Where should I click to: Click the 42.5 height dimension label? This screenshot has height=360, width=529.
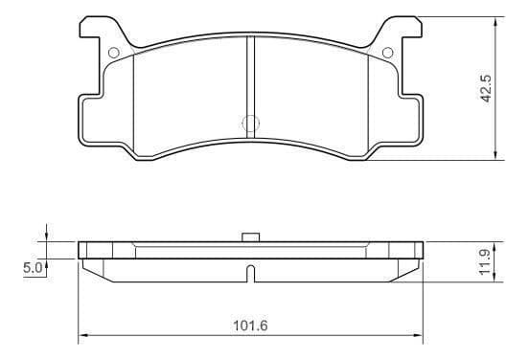tap(487, 88)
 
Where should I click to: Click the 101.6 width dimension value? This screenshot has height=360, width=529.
tap(250, 326)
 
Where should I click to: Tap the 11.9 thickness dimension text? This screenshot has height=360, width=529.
tap(486, 262)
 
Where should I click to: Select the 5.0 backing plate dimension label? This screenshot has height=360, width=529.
tap(33, 268)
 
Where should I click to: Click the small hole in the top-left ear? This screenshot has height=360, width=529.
tap(114, 53)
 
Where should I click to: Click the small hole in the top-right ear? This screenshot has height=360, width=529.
tap(387, 53)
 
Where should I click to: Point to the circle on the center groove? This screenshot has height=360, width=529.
tap(251, 124)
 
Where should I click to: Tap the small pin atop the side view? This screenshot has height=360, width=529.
tap(251, 236)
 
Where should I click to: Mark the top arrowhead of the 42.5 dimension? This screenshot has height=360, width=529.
tap(495, 23)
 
